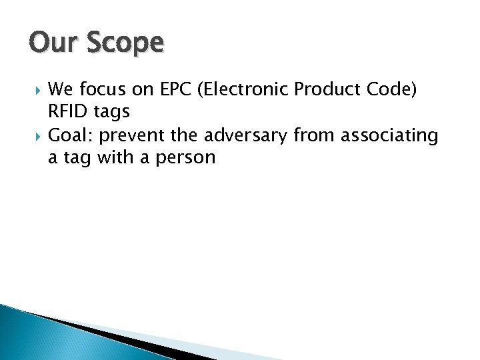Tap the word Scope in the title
coord(124,45)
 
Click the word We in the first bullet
coord(61,89)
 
